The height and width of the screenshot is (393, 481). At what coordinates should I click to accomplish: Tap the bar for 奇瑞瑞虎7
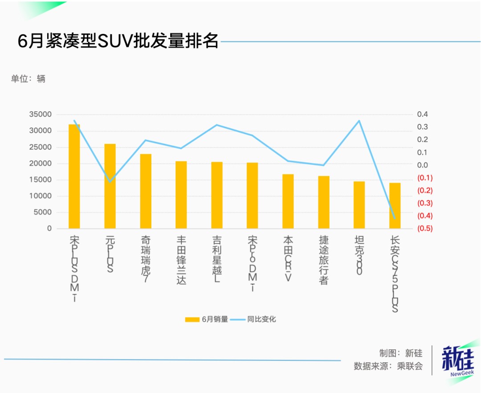pyautogui.click(x=146, y=191)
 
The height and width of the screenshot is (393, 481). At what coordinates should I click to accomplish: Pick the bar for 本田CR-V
pyautogui.click(x=288, y=201)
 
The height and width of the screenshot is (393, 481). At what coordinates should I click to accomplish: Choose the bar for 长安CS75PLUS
pyautogui.click(x=395, y=205)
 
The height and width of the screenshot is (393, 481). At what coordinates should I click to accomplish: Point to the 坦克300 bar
pyautogui.click(x=359, y=205)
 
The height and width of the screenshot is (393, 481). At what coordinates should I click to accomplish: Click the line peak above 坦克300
pyautogui.click(x=359, y=121)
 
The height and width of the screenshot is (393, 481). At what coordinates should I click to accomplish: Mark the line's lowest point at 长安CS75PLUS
pyautogui.click(x=395, y=218)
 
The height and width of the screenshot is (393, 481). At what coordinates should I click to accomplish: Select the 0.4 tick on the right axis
pyautogui.click(x=422, y=115)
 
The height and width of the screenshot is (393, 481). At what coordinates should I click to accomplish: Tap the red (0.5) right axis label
pyautogui.click(x=424, y=229)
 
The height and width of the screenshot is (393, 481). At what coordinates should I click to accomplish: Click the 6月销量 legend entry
pyautogui.click(x=207, y=319)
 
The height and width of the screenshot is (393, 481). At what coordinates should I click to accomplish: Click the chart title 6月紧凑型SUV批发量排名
pyautogui.click(x=118, y=41)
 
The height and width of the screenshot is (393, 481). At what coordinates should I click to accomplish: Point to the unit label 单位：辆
pyautogui.click(x=29, y=79)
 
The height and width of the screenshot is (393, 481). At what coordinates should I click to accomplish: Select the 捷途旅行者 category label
pyautogui.click(x=324, y=261)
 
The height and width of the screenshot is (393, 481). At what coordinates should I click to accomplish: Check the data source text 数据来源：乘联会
pyautogui.click(x=388, y=366)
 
